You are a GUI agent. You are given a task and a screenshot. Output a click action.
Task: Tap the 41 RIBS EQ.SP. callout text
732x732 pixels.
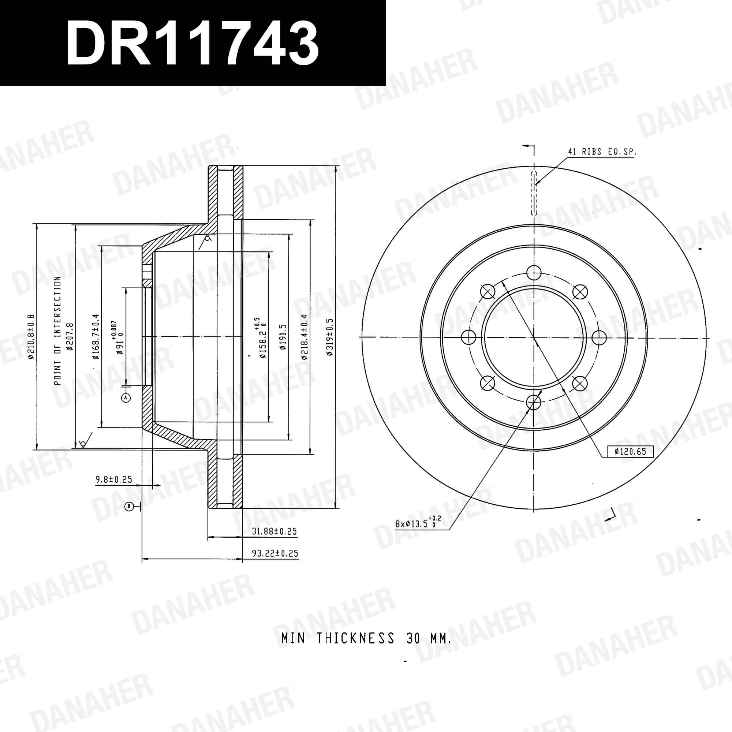coord(602,152)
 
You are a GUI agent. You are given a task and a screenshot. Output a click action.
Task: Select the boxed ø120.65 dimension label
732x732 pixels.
coord(631,451)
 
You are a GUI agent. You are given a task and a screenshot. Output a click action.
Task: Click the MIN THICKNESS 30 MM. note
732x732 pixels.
coord(366,639)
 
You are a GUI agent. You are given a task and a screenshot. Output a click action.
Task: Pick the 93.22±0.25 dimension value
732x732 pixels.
coord(275,553)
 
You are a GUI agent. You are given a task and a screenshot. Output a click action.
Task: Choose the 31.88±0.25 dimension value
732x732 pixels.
coord(274,531)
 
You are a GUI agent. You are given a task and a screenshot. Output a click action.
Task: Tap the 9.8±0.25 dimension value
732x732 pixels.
coord(114,480)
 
